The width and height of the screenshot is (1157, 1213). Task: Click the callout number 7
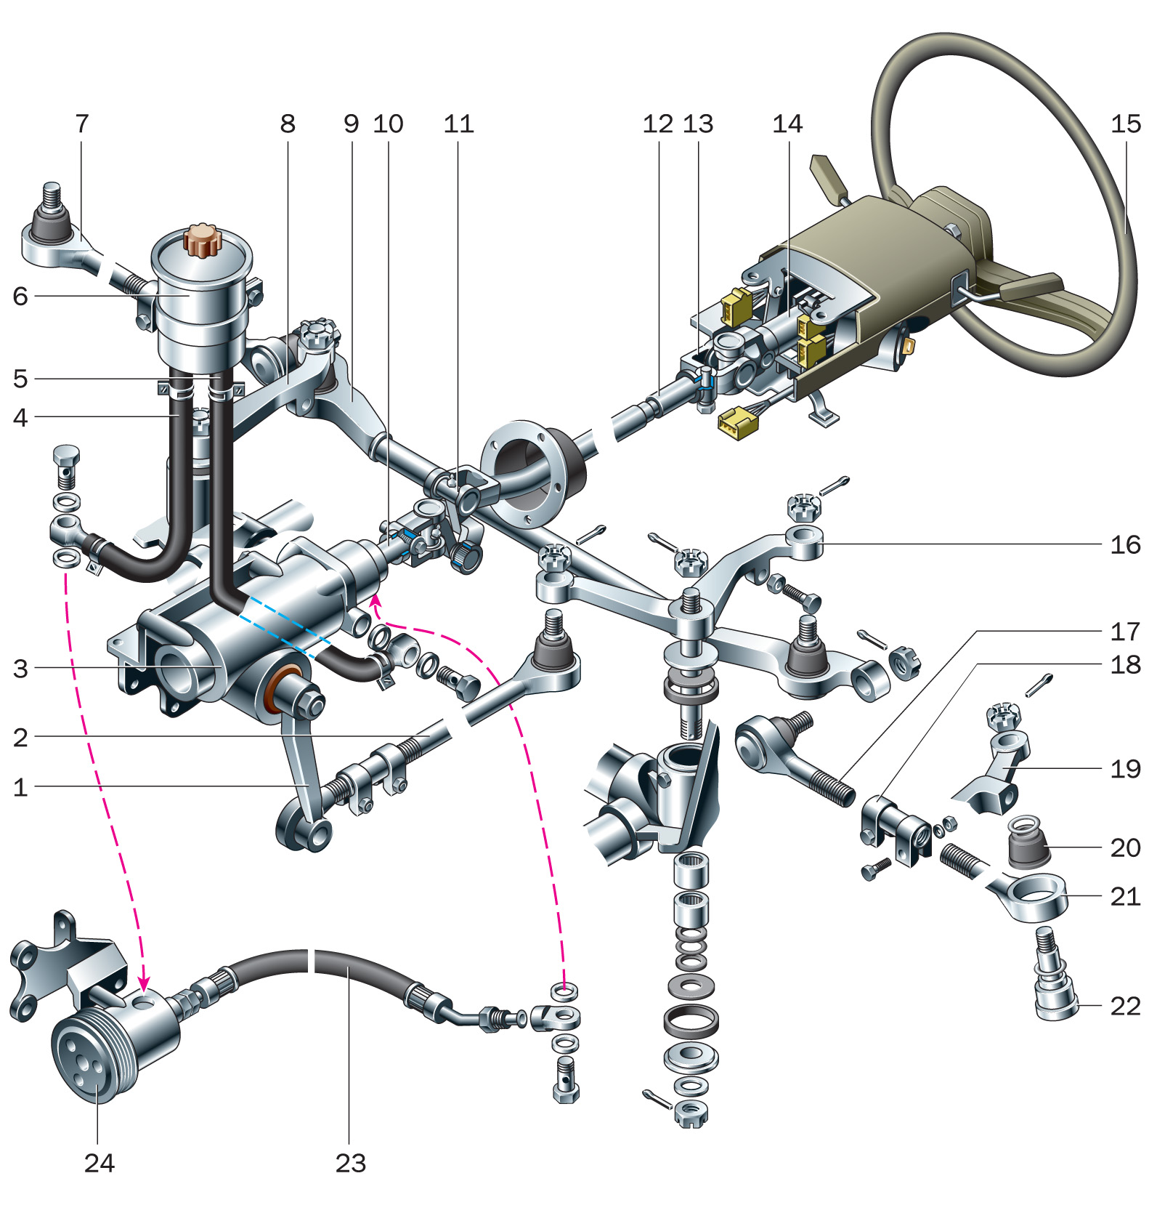pos(81,124)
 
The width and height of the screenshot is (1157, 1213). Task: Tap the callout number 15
pos(1126,124)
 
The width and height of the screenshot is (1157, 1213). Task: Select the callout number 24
pos(100,1164)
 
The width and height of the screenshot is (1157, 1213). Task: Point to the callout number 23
pos(351,1164)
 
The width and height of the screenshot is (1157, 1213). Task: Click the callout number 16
pos(1125,545)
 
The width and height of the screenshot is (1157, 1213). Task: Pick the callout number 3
pos(20,669)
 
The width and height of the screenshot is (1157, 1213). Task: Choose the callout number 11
pos(458,124)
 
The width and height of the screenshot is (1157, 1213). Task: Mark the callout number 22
pos(1125,1007)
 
